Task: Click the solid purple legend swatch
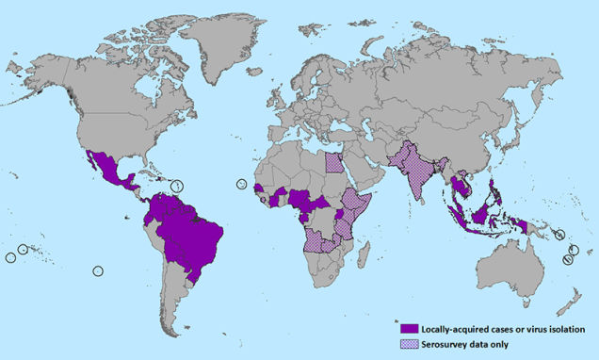(408, 328)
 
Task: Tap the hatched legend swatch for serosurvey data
(408, 344)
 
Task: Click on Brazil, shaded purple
(193, 240)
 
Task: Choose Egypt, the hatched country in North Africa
(334, 163)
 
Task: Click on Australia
(513, 269)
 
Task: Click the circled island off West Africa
(241, 184)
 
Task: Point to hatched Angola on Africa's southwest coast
(315, 240)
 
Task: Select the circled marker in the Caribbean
(176, 186)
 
